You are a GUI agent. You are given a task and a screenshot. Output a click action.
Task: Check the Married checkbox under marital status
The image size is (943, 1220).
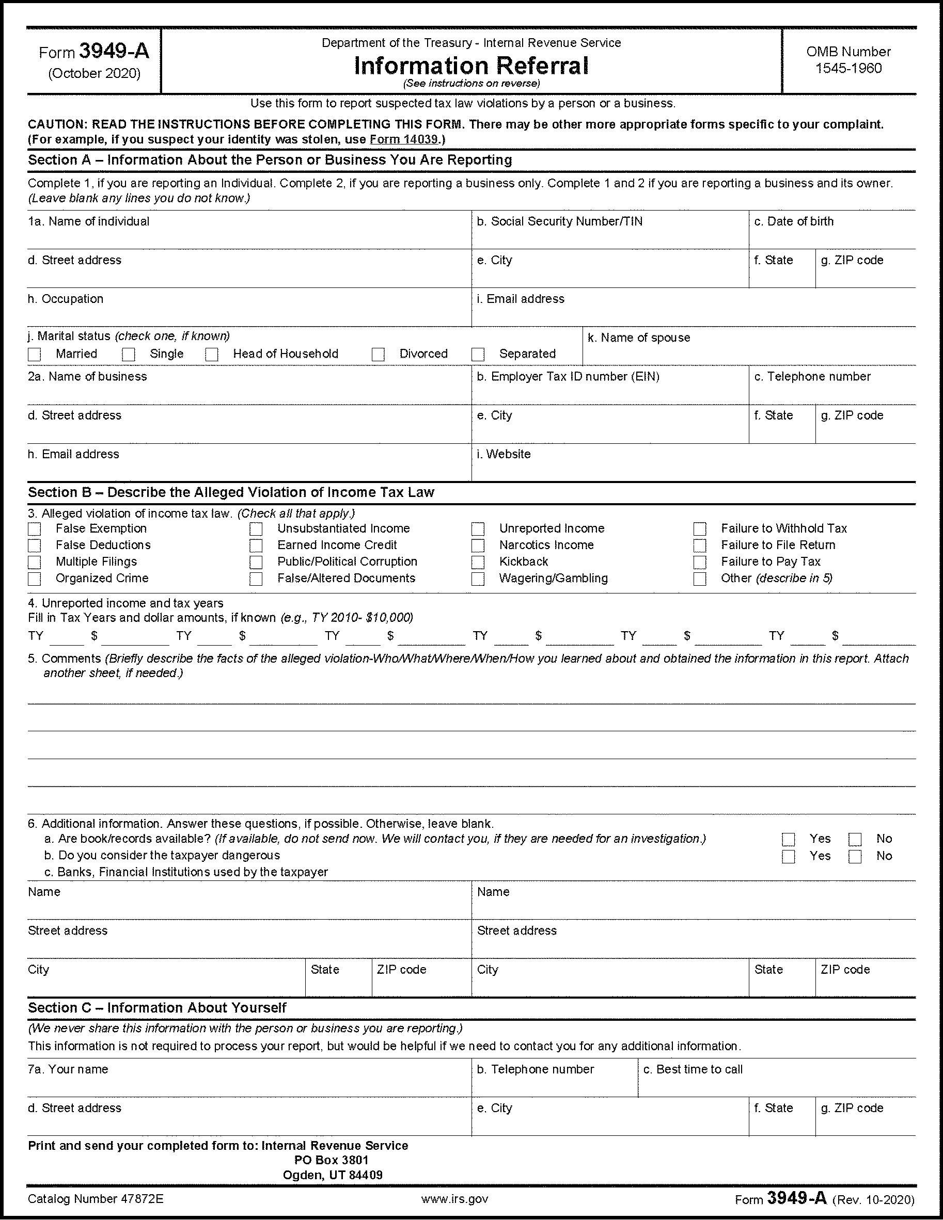tap(35, 355)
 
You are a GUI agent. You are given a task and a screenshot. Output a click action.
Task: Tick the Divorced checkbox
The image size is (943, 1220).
tap(379, 355)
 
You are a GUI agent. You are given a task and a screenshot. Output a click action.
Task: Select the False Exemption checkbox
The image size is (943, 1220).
tap(35, 529)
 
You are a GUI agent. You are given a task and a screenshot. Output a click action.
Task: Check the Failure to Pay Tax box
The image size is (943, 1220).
tap(700, 563)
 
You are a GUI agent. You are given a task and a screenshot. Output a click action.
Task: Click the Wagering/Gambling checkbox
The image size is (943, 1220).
tap(478, 579)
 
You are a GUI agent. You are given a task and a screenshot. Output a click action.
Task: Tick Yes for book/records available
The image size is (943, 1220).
tap(789, 840)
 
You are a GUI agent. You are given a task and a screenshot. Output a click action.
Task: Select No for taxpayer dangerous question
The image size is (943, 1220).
tap(855, 857)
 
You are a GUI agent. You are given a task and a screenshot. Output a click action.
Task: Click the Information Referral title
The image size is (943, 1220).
tap(471, 66)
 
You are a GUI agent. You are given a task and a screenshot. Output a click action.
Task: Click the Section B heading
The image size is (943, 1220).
tap(231, 493)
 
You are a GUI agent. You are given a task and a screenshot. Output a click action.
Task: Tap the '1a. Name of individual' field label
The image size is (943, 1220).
tap(89, 222)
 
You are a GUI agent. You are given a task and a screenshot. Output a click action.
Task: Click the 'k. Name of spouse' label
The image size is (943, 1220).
tap(639, 338)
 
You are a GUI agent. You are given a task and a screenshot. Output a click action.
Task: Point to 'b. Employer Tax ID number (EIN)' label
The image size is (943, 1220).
tap(568, 377)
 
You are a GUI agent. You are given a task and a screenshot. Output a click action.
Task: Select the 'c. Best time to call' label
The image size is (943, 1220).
tap(693, 1070)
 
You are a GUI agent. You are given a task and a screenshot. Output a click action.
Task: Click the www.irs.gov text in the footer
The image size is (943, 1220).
tap(455, 1199)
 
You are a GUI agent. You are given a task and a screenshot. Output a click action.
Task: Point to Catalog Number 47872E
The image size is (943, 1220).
tap(96, 1199)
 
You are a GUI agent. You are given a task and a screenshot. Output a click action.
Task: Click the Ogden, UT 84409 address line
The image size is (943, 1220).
tap(333, 1175)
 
